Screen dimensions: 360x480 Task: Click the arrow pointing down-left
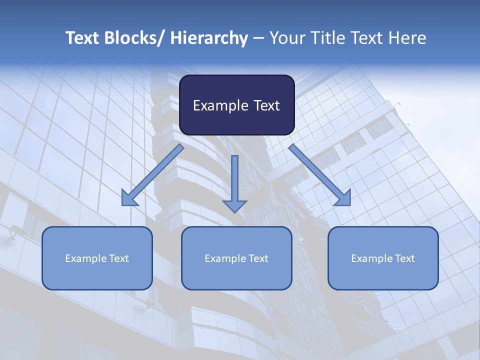click(x=152, y=175)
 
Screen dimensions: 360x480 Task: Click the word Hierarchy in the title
click(x=209, y=38)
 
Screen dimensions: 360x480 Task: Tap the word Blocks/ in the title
click(x=134, y=38)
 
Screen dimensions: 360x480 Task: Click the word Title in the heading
click(x=327, y=38)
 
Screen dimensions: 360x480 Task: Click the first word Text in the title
click(x=82, y=38)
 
